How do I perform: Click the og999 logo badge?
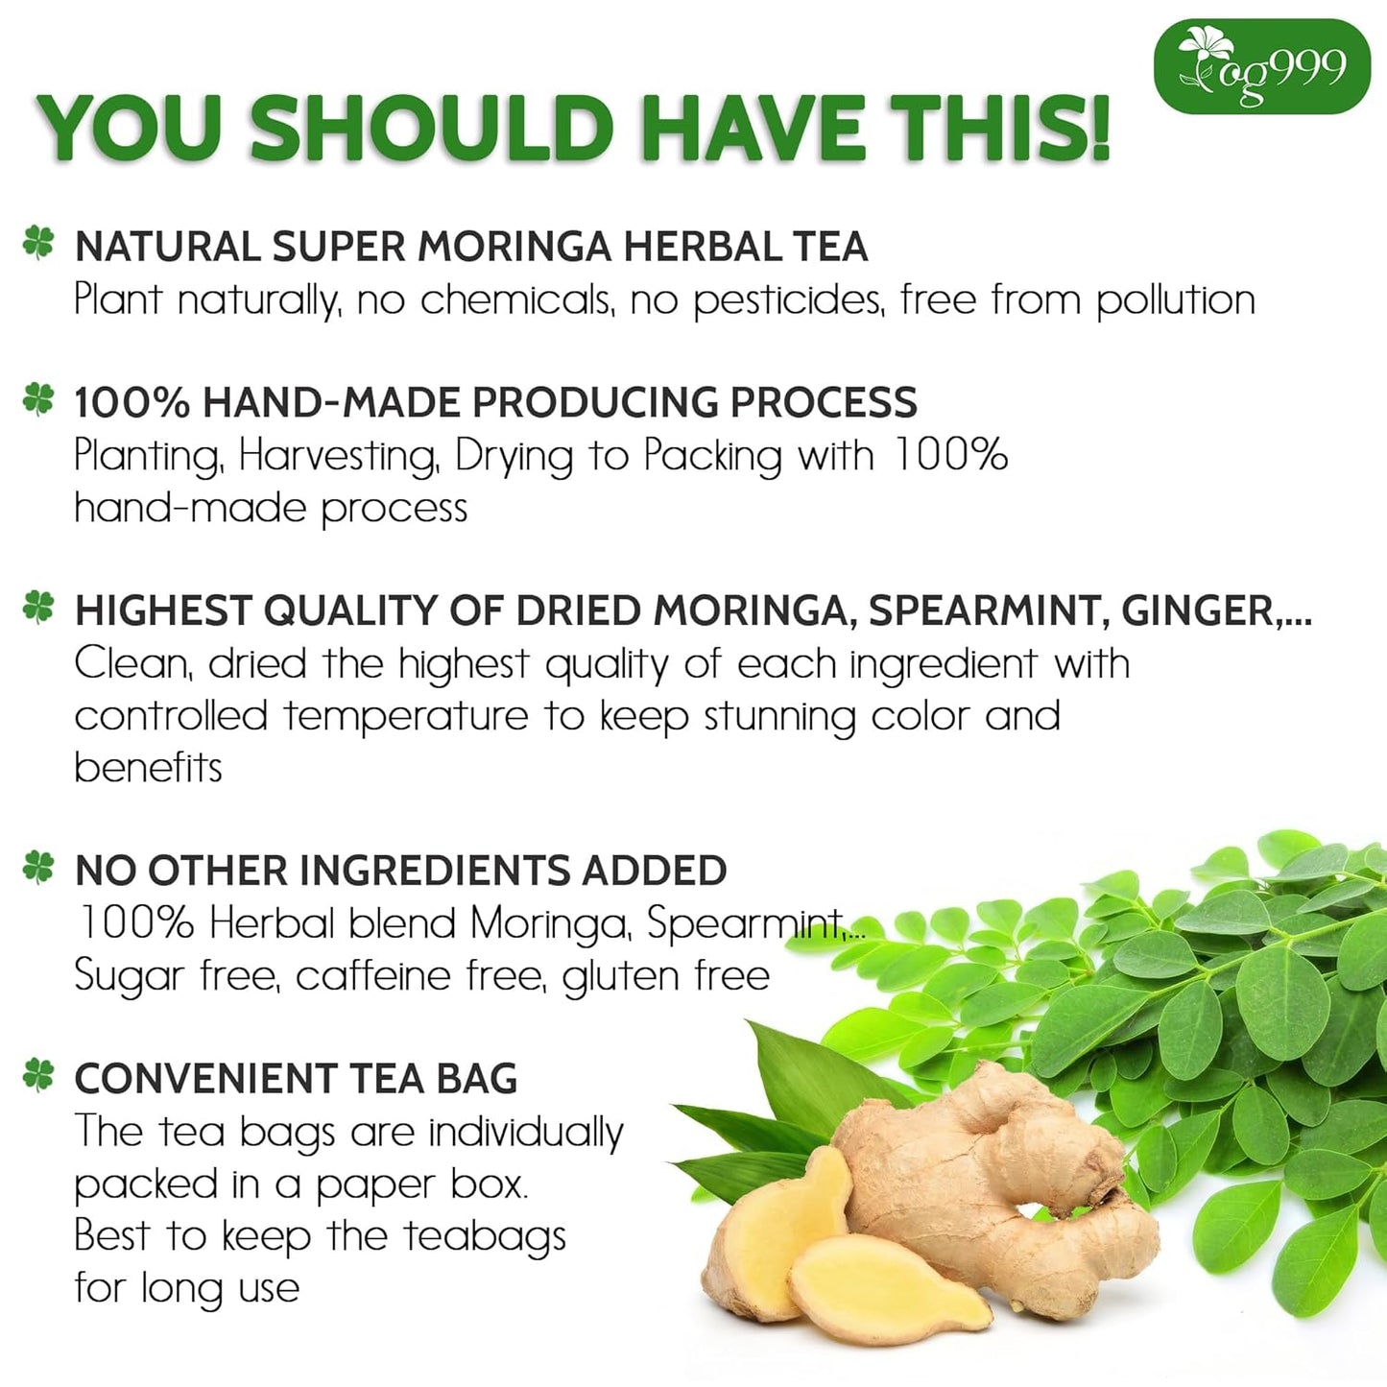pyautogui.click(x=1261, y=66)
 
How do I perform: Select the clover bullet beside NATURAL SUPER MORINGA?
pyautogui.click(x=38, y=242)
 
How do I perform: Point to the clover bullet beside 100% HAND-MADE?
pyautogui.click(x=38, y=398)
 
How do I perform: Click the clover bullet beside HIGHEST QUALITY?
pyautogui.click(x=38, y=607)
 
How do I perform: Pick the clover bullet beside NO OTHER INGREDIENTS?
pyautogui.click(x=38, y=867)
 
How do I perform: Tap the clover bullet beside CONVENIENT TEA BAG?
pyautogui.click(x=38, y=1075)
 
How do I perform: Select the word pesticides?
pyautogui.click(x=786, y=300)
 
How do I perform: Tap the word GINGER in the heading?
pyautogui.click(x=1198, y=610)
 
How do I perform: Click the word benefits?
pyautogui.click(x=149, y=768)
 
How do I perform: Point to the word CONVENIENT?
pyautogui.click(x=203, y=1079)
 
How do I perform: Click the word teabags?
pyautogui.click(x=485, y=1237)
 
